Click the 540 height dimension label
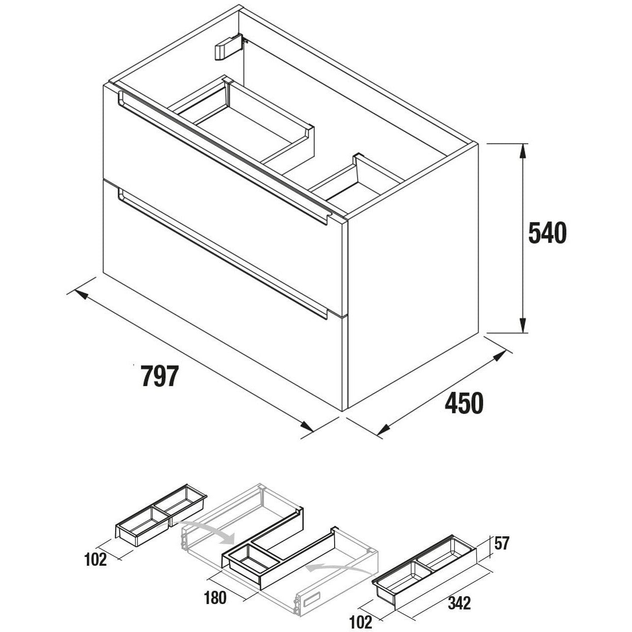coord(548,233)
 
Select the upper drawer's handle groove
coord(223,158)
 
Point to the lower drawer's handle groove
coord(223,253)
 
